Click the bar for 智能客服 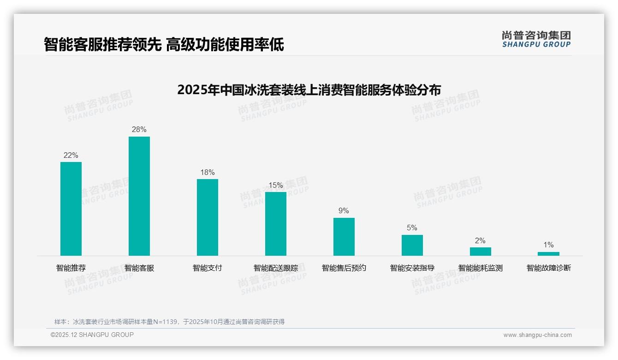[x=139, y=196]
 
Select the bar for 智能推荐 [x=71, y=209]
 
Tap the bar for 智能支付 [x=207, y=217]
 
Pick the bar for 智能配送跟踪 [x=275, y=224]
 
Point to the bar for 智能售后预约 [x=344, y=237]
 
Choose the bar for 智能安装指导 [x=412, y=245]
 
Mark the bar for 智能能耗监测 [x=480, y=252]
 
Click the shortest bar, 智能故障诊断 [x=548, y=254]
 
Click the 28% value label [x=139, y=130]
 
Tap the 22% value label [x=71, y=156]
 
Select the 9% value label [x=344, y=211]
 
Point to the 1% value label [x=548, y=245]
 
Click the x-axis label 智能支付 [x=207, y=268]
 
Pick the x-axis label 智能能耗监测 [x=480, y=268]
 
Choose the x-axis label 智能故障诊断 [x=548, y=268]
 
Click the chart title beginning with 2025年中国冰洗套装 [x=309, y=89]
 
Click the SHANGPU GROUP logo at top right [x=536, y=39]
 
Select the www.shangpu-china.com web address [x=537, y=335]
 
